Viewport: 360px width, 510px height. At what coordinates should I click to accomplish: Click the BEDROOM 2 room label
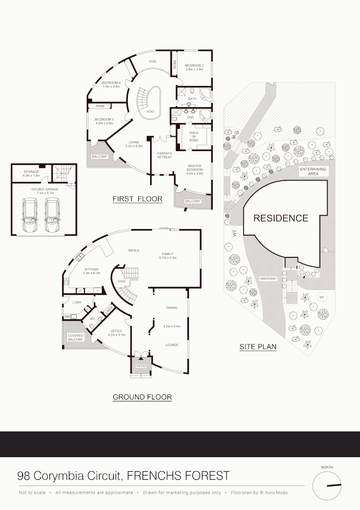193,65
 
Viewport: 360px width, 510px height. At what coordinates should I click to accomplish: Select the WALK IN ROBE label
194,137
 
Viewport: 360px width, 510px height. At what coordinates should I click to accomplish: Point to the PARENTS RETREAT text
165,155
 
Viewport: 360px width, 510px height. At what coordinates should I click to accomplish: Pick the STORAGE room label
32,172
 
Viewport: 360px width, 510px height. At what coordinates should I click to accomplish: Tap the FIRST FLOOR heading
137,199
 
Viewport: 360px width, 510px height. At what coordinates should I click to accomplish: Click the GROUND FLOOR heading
142,397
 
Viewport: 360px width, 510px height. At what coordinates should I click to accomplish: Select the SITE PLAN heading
258,347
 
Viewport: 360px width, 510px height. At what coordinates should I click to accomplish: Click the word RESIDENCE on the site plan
281,218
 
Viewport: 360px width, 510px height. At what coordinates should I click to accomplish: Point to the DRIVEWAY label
268,279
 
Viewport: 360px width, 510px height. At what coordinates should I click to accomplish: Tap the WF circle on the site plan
322,297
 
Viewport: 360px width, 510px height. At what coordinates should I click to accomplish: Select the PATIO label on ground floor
141,366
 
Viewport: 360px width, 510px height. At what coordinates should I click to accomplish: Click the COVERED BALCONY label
75,337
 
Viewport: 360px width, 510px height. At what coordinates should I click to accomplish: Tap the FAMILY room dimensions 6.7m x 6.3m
167,258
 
